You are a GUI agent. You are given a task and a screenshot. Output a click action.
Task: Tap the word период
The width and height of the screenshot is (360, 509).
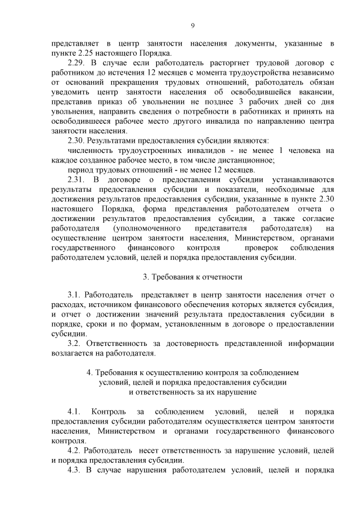point(80,170)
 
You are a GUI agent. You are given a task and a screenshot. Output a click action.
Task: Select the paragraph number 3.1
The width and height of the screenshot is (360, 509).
point(75,295)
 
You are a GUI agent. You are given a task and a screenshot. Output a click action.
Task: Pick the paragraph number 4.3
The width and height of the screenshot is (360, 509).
point(75,470)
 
